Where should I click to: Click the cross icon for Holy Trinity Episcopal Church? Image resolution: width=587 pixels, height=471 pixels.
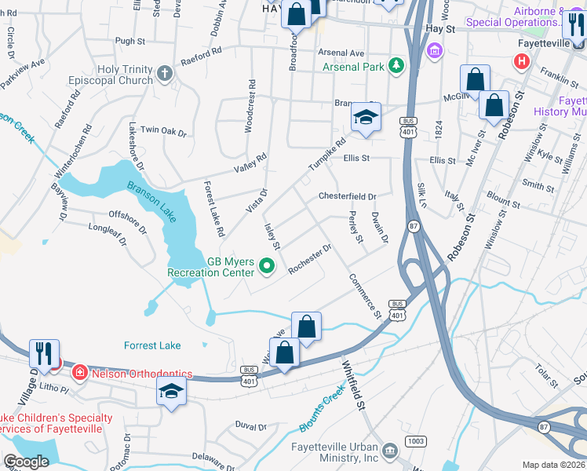coord(164,74)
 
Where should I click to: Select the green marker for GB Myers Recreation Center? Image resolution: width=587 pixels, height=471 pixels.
coord(266,267)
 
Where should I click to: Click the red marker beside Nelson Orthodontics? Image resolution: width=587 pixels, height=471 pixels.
coord(78,371)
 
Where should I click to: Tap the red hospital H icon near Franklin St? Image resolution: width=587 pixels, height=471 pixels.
coord(520,62)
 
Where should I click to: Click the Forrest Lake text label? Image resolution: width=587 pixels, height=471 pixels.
coord(152,345)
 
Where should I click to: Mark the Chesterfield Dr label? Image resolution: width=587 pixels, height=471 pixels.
coord(347,196)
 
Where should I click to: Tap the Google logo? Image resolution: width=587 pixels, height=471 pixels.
coord(26,462)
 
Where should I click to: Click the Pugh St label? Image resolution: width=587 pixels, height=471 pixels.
coord(130,40)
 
